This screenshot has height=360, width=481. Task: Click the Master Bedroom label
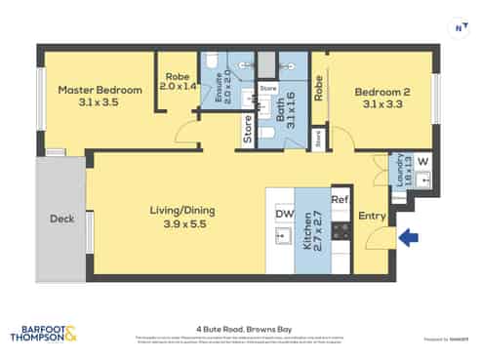(x=100, y=95)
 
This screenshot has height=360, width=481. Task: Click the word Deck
(x=61, y=219)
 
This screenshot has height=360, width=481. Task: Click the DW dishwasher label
(x=284, y=213)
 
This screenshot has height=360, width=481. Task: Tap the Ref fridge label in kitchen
(x=340, y=200)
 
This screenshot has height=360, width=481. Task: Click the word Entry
(x=373, y=216)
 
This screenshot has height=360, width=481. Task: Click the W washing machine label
(x=422, y=161)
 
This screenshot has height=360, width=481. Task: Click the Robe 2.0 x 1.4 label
(x=178, y=80)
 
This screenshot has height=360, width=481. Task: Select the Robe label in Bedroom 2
(x=319, y=89)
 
